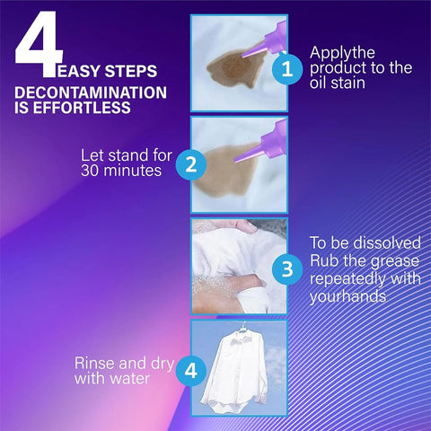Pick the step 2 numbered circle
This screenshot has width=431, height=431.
(190, 164)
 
